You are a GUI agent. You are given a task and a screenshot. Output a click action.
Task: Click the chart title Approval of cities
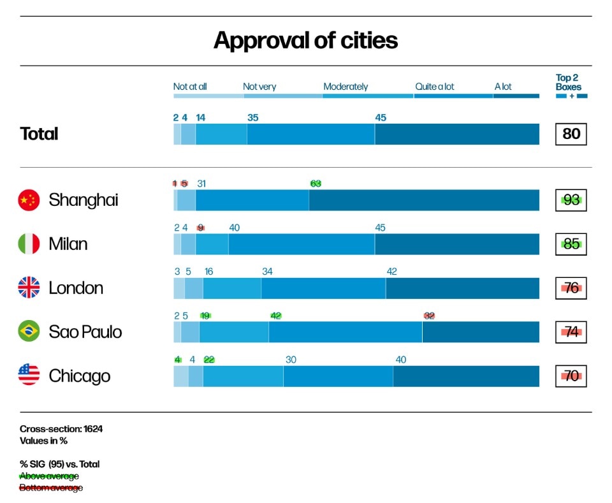pyautogui.click(x=305, y=41)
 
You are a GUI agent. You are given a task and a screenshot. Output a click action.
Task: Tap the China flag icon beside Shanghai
pyautogui.click(x=29, y=200)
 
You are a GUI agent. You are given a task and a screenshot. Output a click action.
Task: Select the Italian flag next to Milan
pyautogui.click(x=29, y=244)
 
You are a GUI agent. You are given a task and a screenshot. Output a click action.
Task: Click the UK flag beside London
pyautogui.click(x=29, y=288)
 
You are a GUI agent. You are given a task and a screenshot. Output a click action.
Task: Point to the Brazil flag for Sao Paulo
pyautogui.click(x=29, y=332)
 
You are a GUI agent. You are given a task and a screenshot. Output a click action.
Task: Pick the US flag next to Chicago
pyautogui.click(x=29, y=375)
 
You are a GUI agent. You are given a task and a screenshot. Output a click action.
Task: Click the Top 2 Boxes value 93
pyautogui.click(x=571, y=200)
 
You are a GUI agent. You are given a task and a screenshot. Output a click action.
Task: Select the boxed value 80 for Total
pyautogui.click(x=571, y=134)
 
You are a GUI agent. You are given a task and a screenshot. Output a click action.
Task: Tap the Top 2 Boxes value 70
pyautogui.click(x=571, y=376)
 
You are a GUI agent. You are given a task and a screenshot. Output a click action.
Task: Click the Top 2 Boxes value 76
pyautogui.click(x=571, y=288)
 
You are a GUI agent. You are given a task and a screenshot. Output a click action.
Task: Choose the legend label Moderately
pyautogui.click(x=346, y=87)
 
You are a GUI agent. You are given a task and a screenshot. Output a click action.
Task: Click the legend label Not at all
pyautogui.click(x=190, y=87)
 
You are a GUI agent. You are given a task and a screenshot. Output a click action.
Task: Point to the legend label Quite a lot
pyautogui.click(x=435, y=87)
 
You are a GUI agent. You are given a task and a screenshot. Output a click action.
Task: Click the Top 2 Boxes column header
pyautogui.click(x=568, y=83)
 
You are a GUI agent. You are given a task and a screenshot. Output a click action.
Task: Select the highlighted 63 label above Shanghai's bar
pyautogui.click(x=316, y=184)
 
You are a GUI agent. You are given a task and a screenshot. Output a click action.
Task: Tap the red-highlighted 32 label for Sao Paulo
pyautogui.click(x=429, y=316)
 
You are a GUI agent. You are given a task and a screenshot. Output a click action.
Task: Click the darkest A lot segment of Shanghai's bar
pyautogui.click(x=424, y=200)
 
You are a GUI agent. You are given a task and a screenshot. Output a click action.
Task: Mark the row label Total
pyautogui.click(x=39, y=134)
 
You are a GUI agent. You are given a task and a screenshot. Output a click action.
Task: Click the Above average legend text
pyautogui.click(x=49, y=476)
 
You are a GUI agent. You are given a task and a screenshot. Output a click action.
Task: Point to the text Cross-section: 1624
pyautogui.click(x=61, y=429)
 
